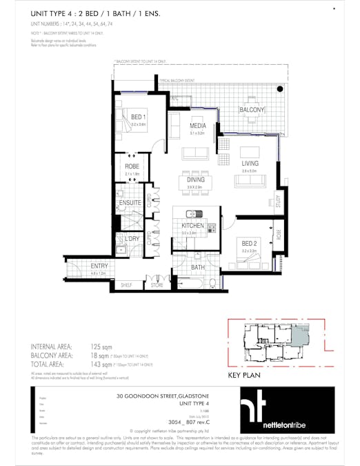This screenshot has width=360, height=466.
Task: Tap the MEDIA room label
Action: (199, 126)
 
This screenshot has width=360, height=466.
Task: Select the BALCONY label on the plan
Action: (252, 110)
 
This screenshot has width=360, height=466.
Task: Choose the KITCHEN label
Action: (192, 226)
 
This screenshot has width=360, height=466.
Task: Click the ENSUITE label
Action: (130, 203)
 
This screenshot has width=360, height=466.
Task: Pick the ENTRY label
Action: (99, 266)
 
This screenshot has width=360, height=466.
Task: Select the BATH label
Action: (199, 267)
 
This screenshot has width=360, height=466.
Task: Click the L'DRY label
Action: (132, 238)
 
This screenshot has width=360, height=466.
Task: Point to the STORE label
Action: (157, 284)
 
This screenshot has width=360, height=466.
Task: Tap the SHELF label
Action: (126, 284)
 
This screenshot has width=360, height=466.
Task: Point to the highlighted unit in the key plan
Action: (300, 337)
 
